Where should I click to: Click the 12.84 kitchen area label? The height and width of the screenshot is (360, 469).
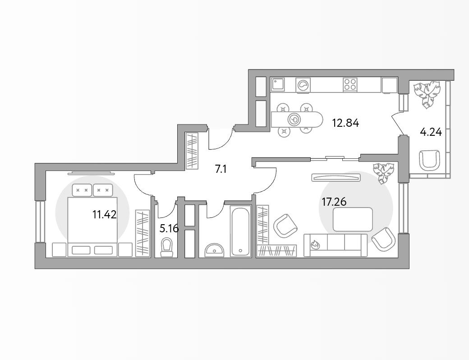click(x=345, y=123)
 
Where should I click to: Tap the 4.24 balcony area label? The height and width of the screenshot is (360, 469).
click(x=431, y=132)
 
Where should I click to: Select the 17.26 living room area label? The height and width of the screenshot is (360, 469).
click(x=334, y=202)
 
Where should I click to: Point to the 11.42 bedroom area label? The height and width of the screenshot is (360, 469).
click(x=104, y=215)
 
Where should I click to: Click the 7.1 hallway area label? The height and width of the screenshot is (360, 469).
click(x=221, y=170)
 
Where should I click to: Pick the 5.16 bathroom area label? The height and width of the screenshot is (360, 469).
click(x=169, y=229)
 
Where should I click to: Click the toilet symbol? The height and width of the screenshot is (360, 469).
click(x=167, y=247)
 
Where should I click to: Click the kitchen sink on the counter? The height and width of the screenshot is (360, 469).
click(x=278, y=84)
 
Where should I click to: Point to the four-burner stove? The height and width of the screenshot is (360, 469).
click(x=350, y=84)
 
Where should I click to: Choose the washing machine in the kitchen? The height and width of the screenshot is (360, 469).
click(x=303, y=85)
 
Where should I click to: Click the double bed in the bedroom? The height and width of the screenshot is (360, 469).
click(x=92, y=220)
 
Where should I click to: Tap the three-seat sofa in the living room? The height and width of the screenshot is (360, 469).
click(x=336, y=245)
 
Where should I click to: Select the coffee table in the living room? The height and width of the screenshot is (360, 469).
click(x=353, y=219)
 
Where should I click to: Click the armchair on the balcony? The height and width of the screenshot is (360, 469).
click(x=429, y=160)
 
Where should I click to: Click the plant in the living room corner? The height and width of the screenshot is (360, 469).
click(x=384, y=173)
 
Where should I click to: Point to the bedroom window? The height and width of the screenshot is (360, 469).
click(x=40, y=222)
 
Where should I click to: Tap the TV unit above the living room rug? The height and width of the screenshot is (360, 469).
click(x=336, y=178)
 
